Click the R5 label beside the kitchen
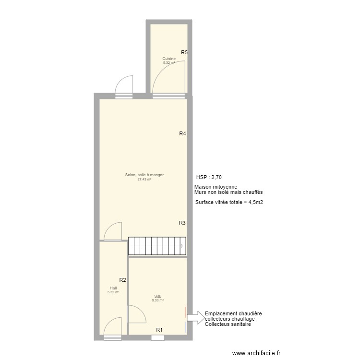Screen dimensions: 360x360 [184, 53]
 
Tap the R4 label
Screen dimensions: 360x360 [182, 134]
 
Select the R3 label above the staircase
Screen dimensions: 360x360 [182, 223]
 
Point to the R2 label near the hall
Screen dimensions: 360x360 [122, 280]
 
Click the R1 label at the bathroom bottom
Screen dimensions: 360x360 [159, 330]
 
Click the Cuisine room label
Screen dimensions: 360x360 [169, 59]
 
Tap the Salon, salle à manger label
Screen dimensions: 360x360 [144, 175]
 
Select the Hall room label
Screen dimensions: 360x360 [113, 288]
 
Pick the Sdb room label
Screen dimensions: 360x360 [158, 296]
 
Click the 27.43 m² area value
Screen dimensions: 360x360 [144, 180]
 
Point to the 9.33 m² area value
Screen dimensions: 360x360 [158, 300]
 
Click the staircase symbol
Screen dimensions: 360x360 [157, 246]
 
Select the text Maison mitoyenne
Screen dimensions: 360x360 [216, 187]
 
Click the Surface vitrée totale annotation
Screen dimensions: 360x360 [229, 203]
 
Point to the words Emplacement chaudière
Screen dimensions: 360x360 [233, 313]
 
